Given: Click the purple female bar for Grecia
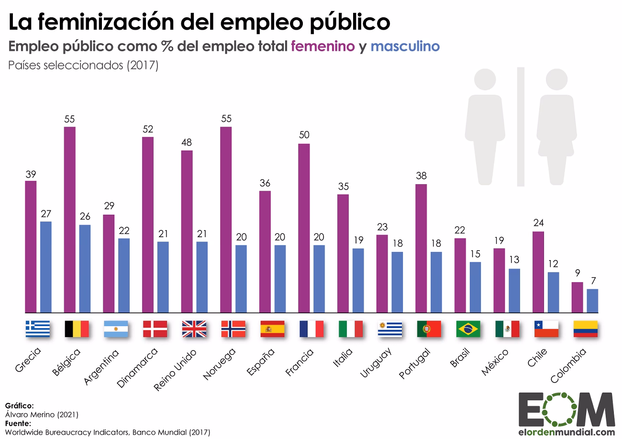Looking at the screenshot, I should coord(31,246).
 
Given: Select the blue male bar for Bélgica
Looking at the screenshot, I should coord(85,268).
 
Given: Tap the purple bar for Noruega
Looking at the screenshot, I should coord(226,219).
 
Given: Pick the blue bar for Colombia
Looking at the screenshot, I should coord(592,300).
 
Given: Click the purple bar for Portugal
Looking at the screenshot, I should coord(421,248).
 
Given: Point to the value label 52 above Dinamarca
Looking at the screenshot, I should coord(148,129).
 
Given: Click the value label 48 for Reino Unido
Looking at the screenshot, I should coord(187,143).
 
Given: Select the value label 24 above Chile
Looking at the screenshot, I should coord(538,223).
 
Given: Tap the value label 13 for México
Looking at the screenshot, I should coord(514,260).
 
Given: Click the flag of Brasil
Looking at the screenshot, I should coord(468,329).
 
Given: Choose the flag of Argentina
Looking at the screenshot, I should coord(116,329).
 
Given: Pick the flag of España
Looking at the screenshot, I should coord(272,329).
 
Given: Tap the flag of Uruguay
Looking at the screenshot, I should coord(389,329).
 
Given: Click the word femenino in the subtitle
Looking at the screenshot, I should coord(323,46).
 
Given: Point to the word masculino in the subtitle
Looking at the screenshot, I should coord(405,46).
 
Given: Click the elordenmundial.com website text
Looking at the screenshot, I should coord(566,432).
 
